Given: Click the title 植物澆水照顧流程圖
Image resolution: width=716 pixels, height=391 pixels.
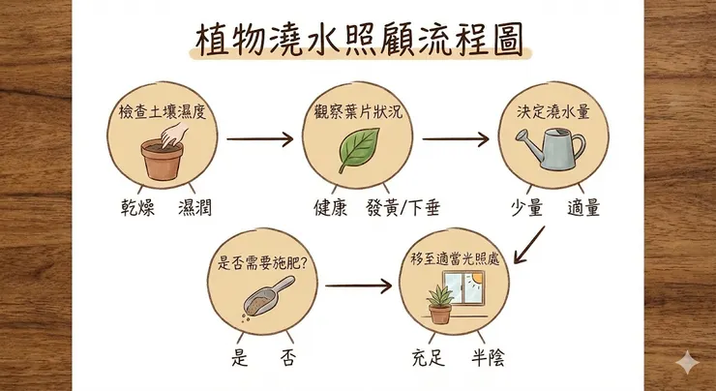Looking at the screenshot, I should tap(357, 42).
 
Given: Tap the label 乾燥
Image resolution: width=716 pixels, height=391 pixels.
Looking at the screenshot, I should tap(130, 207).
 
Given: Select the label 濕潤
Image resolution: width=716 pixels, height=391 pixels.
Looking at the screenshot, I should tap(198, 207).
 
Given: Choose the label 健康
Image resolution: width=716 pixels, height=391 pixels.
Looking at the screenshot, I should tap(329, 207).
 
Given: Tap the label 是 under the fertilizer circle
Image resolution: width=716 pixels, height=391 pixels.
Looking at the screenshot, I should tap(241, 357).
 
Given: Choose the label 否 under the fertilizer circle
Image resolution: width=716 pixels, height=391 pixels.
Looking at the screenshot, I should tap(288, 357).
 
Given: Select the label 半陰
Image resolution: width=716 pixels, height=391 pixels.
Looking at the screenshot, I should tap(486, 357).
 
